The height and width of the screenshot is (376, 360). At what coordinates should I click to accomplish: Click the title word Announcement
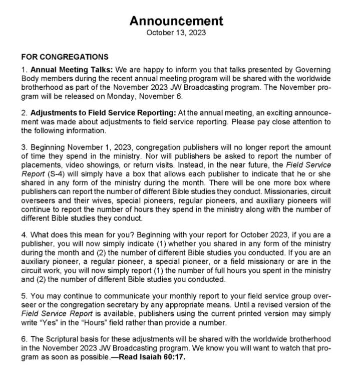pos(176,21)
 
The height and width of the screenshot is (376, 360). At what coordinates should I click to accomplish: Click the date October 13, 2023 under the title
pos(176,33)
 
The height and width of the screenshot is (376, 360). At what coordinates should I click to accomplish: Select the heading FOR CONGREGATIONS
pos(65,57)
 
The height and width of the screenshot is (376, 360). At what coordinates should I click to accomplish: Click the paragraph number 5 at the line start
pos(23,295)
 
